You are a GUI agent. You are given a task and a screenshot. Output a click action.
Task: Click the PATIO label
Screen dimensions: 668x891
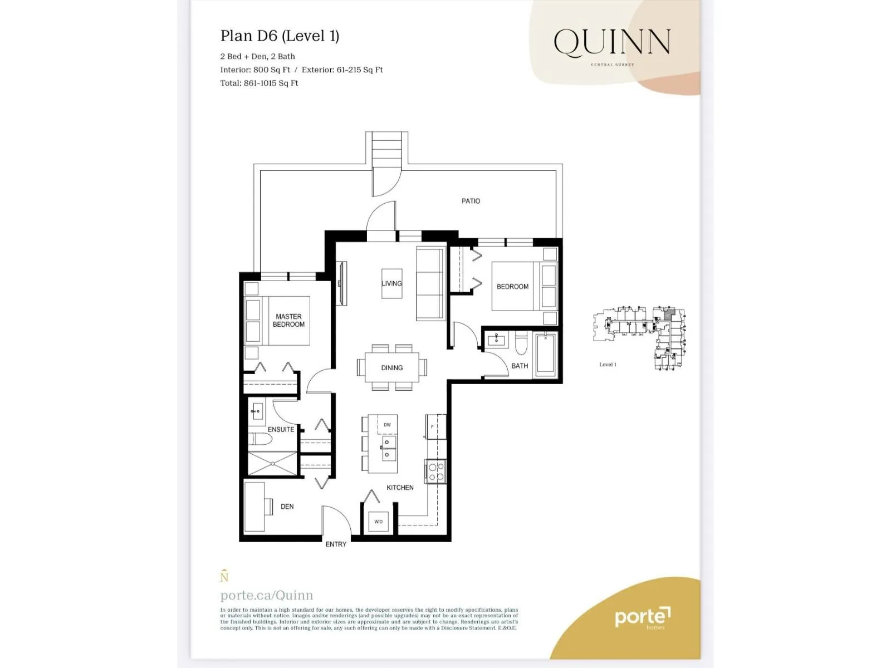click(471, 201)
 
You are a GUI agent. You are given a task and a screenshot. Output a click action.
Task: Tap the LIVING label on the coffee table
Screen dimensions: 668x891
click(391, 283)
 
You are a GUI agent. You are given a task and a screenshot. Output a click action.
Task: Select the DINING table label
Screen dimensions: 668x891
click(391, 368)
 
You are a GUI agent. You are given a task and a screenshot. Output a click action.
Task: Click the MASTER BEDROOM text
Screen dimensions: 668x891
click(288, 320)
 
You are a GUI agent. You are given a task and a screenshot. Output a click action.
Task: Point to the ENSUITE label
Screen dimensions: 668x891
click(281, 429)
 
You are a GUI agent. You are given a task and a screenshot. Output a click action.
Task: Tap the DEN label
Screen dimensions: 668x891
click(287, 507)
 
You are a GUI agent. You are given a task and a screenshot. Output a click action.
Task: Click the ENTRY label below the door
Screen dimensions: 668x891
click(336, 544)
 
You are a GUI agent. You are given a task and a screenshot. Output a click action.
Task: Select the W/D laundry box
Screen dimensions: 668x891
click(379, 522)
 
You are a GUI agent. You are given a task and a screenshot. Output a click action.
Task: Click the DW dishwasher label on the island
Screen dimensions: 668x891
click(387, 425)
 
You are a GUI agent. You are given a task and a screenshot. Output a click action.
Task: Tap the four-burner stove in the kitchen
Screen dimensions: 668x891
click(436, 471)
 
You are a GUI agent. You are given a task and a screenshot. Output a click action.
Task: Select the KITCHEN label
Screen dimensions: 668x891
click(400, 488)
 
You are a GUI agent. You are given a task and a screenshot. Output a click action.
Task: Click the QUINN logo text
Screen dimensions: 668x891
click(611, 43)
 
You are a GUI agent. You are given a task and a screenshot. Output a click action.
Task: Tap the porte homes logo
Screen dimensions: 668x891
click(642, 617)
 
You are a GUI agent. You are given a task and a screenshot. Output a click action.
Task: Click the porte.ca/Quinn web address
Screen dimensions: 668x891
click(267, 595)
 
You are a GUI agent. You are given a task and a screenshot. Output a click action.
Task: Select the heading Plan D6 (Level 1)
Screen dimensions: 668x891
click(280, 36)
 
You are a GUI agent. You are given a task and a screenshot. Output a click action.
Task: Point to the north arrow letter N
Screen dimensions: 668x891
click(224, 577)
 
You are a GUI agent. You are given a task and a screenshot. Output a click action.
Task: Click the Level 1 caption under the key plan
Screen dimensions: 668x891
click(608, 365)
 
